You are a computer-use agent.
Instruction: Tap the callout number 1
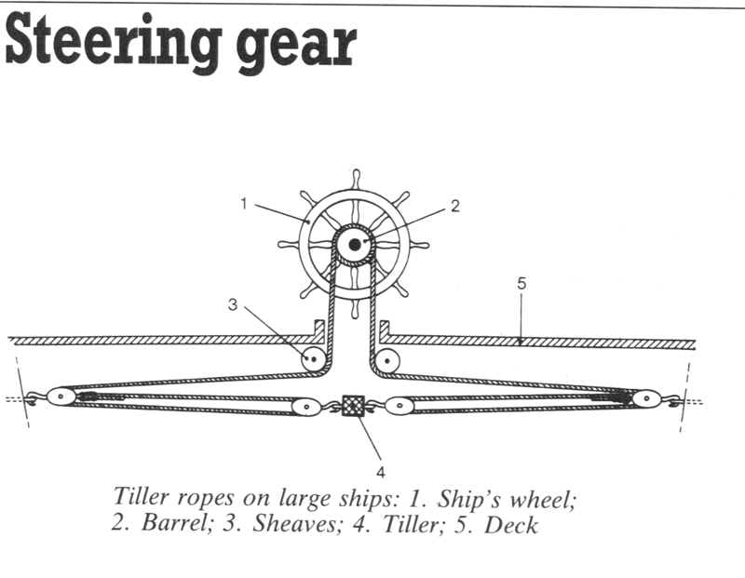(x=243, y=204)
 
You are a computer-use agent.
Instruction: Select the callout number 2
(x=455, y=208)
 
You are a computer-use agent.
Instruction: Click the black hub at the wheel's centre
(x=355, y=245)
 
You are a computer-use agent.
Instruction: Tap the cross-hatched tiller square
(x=353, y=406)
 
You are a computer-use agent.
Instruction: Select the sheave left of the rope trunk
(x=310, y=357)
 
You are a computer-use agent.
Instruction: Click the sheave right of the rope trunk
(x=387, y=359)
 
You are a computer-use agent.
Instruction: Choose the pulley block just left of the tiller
(x=305, y=407)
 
